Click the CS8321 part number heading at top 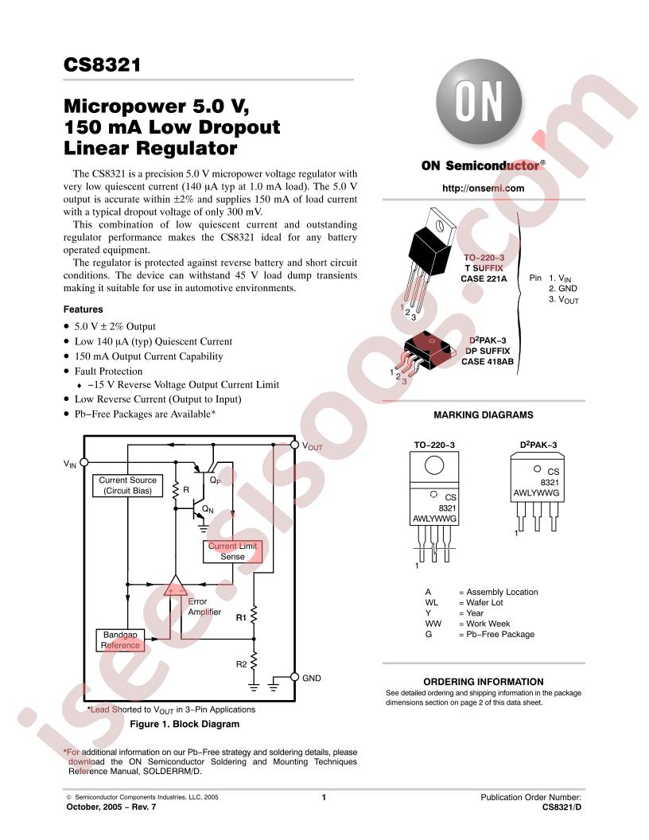(x=103, y=64)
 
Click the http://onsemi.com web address (x=483, y=188)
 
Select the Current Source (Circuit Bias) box (x=127, y=485)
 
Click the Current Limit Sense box (x=232, y=551)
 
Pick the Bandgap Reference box (x=120, y=640)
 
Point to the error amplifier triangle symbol (x=175, y=586)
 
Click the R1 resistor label (x=241, y=618)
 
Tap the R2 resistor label (x=242, y=664)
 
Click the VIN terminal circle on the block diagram (x=84, y=462)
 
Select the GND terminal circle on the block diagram (x=294, y=677)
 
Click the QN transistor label (x=208, y=509)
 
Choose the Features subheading (x=83, y=309)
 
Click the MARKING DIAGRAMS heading (x=483, y=414)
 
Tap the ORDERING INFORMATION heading (x=483, y=682)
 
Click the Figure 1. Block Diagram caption (x=185, y=724)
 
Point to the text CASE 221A (x=484, y=278)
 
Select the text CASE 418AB (x=488, y=362)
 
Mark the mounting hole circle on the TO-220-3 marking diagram (x=434, y=465)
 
